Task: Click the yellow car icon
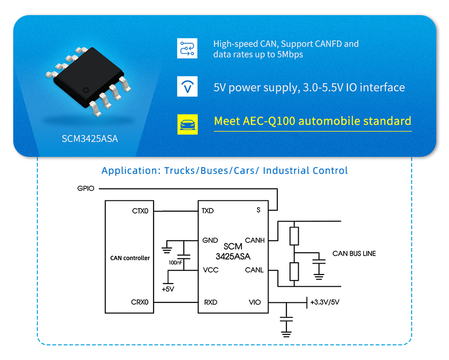click(x=187, y=124)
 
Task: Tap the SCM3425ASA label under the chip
click(x=90, y=139)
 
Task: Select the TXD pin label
click(x=207, y=211)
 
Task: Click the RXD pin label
click(x=210, y=302)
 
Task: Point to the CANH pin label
click(x=255, y=240)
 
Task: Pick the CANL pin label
click(x=254, y=270)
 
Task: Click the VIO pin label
click(x=254, y=302)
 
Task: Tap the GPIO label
click(x=86, y=189)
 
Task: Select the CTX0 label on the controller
click(x=140, y=211)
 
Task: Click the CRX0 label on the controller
click(x=140, y=302)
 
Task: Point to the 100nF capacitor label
click(x=175, y=262)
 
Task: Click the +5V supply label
click(x=168, y=289)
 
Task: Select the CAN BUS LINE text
click(x=354, y=254)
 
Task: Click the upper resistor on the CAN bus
click(x=294, y=236)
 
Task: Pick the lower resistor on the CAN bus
click(x=294, y=272)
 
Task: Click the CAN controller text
click(x=130, y=258)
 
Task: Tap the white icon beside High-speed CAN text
click(x=187, y=49)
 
